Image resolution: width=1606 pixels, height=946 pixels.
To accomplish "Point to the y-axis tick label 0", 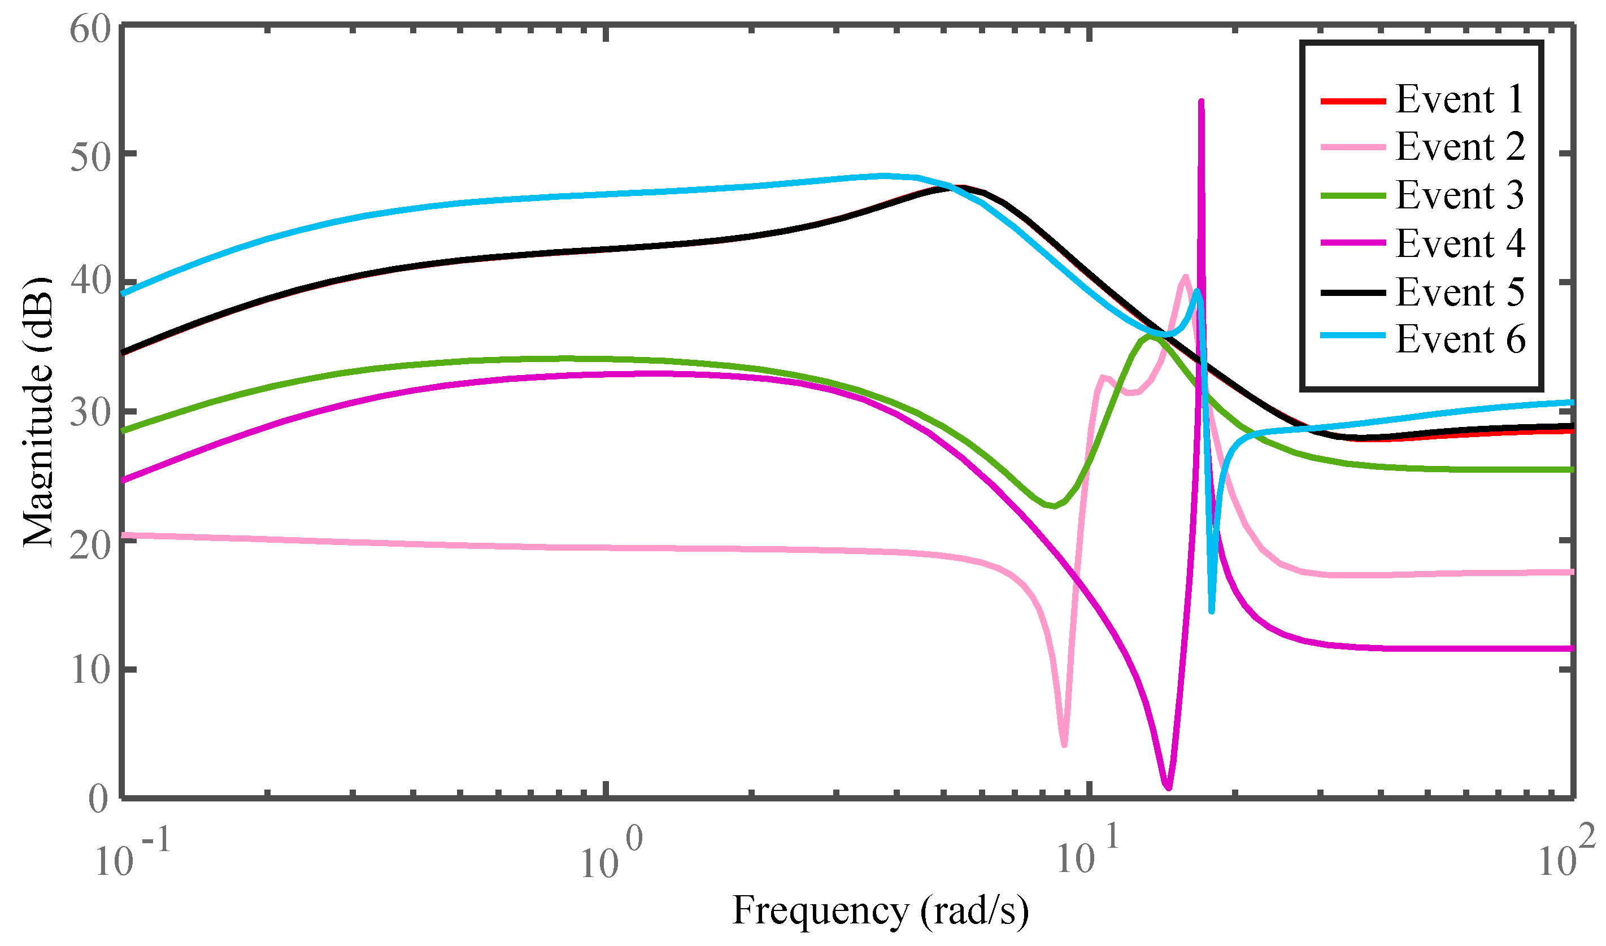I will click(98, 799).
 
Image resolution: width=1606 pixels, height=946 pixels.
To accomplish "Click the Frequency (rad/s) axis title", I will click(880, 910).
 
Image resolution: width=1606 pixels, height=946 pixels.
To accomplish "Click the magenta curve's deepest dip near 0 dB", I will click(1168, 788).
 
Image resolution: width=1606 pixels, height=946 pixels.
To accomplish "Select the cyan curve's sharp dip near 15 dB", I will click(1211, 611).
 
